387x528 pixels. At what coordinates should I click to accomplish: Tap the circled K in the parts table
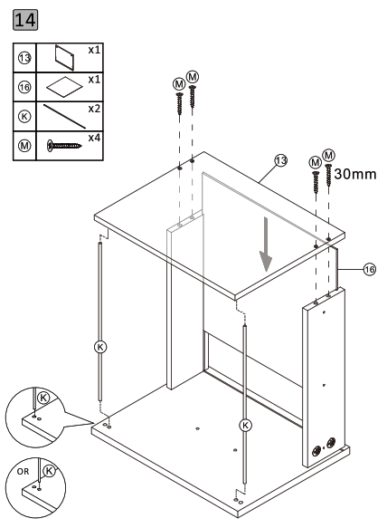27,116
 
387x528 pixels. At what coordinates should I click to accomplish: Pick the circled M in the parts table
27,143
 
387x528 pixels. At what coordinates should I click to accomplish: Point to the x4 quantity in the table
94,137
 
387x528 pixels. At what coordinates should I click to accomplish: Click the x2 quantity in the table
94,109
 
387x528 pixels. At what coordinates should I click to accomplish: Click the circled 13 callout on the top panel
280,160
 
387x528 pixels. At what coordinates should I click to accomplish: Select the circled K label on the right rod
243,423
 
